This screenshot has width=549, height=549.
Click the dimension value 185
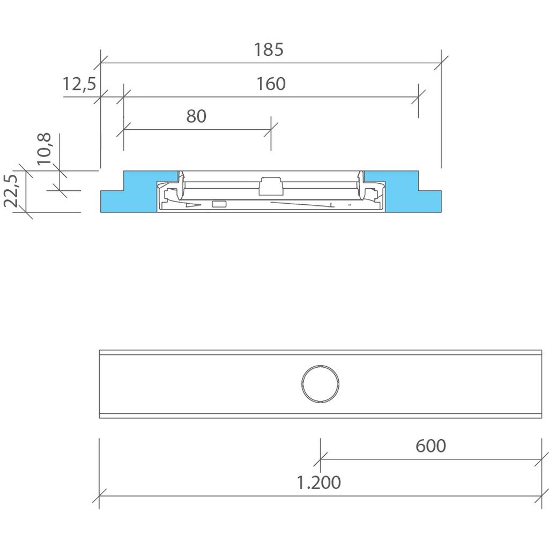coord(269,50)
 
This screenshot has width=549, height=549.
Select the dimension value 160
coord(271,84)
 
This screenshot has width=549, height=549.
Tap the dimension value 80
coord(196,116)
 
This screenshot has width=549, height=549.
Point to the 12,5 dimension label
coord(79,84)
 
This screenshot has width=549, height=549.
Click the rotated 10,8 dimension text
coord(45,149)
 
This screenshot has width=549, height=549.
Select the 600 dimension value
coord(431,446)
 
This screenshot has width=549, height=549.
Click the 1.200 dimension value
coord(319,483)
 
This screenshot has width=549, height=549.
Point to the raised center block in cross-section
coord(270,186)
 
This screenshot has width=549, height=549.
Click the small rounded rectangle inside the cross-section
coord(219,204)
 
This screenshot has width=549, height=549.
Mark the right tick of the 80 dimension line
coord(271,129)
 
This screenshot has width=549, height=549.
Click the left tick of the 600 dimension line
coord(321,459)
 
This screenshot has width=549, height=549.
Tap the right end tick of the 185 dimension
coord(441,63)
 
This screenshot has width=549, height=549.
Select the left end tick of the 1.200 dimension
coord(100,495)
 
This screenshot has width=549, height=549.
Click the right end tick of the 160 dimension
coord(418,97)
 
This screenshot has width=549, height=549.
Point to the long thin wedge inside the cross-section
coord(300,204)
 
